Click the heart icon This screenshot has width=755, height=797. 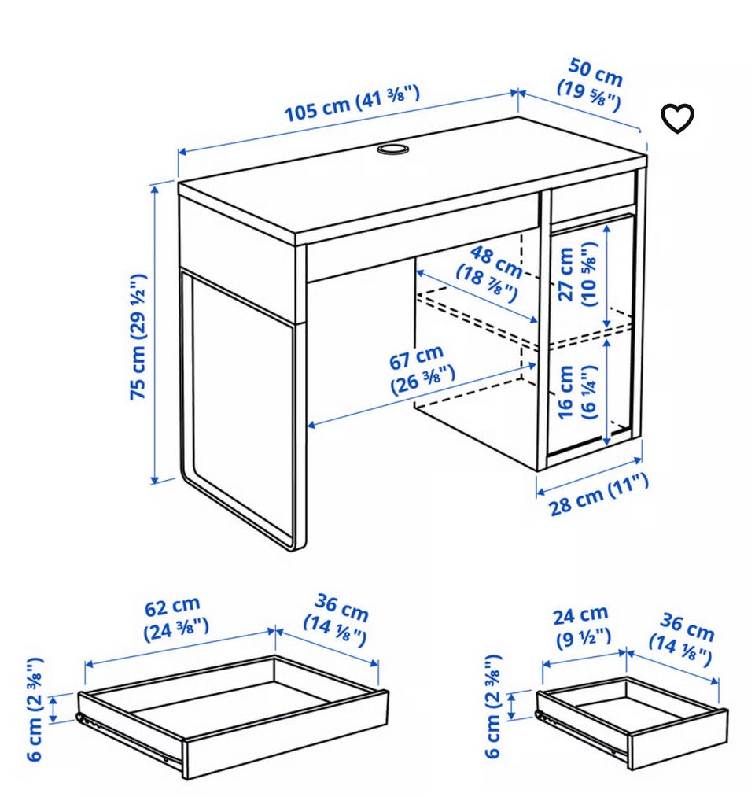click(677, 119)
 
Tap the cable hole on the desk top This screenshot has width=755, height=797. click(392, 149)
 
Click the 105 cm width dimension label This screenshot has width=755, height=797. click(352, 105)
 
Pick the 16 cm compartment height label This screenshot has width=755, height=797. click(577, 392)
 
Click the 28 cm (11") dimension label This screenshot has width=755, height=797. click(598, 495)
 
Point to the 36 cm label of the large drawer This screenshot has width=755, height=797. click(337, 620)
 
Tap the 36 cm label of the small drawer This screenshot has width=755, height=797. click(682, 640)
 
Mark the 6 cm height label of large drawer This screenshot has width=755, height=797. click(35, 710)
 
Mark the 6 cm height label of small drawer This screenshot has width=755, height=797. click(493, 706)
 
